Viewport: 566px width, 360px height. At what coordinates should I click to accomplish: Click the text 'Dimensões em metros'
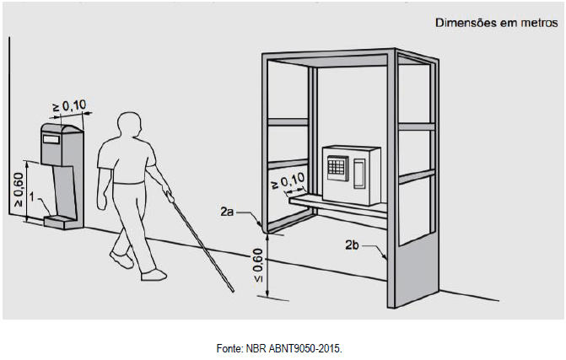tap(496, 23)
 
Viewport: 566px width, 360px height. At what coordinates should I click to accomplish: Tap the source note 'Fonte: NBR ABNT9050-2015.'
tap(279, 348)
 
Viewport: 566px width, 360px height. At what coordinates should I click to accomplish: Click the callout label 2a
tap(227, 212)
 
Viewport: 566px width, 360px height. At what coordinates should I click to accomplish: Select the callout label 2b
tap(352, 245)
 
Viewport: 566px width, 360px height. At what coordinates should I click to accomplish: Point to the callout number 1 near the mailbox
tap(32, 197)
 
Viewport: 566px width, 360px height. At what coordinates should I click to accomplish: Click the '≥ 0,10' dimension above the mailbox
tap(70, 106)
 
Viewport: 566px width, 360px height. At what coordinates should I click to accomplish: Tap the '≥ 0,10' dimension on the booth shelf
tap(288, 180)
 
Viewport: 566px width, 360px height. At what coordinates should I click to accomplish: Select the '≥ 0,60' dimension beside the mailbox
tap(18, 190)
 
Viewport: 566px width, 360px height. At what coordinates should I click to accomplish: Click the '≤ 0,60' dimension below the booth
tap(258, 266)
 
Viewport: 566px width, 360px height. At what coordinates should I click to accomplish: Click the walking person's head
tap(130, 125)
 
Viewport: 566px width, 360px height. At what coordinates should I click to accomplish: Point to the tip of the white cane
tap(233, 291)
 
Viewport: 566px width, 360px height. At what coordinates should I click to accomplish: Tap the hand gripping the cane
tap(168, 191)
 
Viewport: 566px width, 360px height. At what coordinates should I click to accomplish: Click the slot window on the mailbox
tap(51, 139)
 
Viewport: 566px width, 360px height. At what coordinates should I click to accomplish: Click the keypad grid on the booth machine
tap(337, 168)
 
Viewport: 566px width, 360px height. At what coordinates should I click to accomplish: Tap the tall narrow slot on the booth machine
tap(358, 175)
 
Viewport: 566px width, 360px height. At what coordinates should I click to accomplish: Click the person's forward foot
tap(154, 275)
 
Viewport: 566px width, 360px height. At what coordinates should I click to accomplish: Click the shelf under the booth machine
tap(337, 207)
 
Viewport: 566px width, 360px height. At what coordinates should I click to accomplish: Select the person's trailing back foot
tap(122, 260)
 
